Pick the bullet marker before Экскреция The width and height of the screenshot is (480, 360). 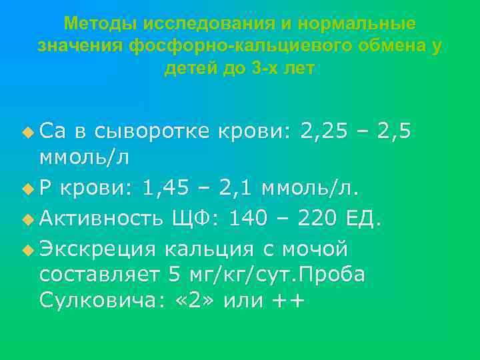click(27, 249)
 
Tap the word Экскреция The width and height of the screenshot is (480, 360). click(97, 249)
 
